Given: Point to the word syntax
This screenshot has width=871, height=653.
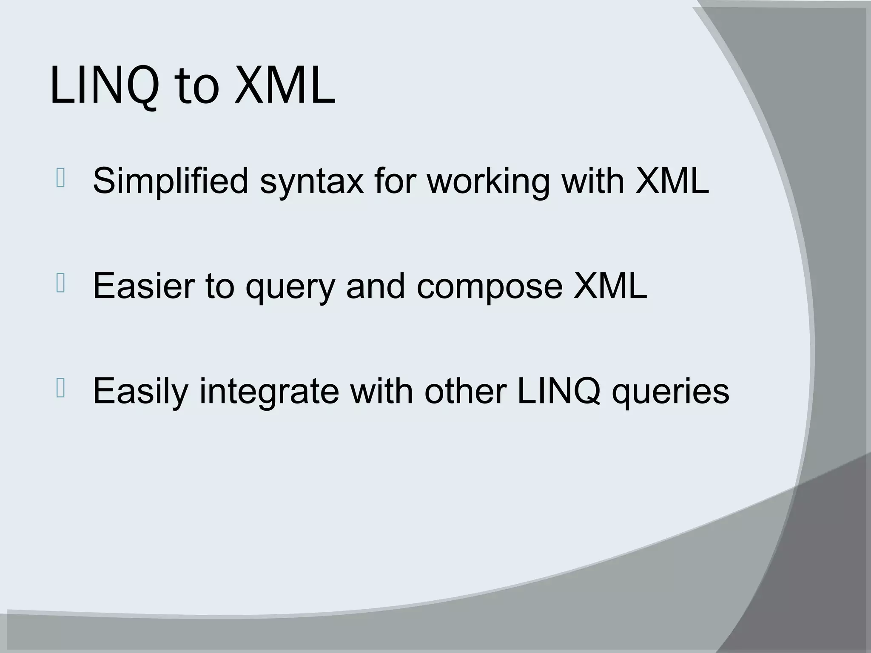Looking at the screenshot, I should pyautogui.click(x=312, y=181).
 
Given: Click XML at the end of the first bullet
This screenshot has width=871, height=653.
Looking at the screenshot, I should pyautogui.click(x=672, y=181).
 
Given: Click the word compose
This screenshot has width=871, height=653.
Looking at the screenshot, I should pyautogui.click(x=490, y=286).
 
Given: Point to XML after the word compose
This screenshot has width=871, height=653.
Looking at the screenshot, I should pyautogui.click(x=610, y=286).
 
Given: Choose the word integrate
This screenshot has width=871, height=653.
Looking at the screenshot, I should pyautogui.click(x=269, y=391).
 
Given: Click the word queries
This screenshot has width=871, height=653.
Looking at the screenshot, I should pyautogui.click(x=671, y=391).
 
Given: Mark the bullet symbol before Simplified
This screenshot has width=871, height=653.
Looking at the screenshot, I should pyautogui.click(x=60, y=179).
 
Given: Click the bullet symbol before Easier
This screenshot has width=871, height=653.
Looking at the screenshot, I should pyautogui.click(x=60, y=284).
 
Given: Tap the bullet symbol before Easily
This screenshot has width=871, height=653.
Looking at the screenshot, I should pyautogui.click(x=60, y=389).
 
